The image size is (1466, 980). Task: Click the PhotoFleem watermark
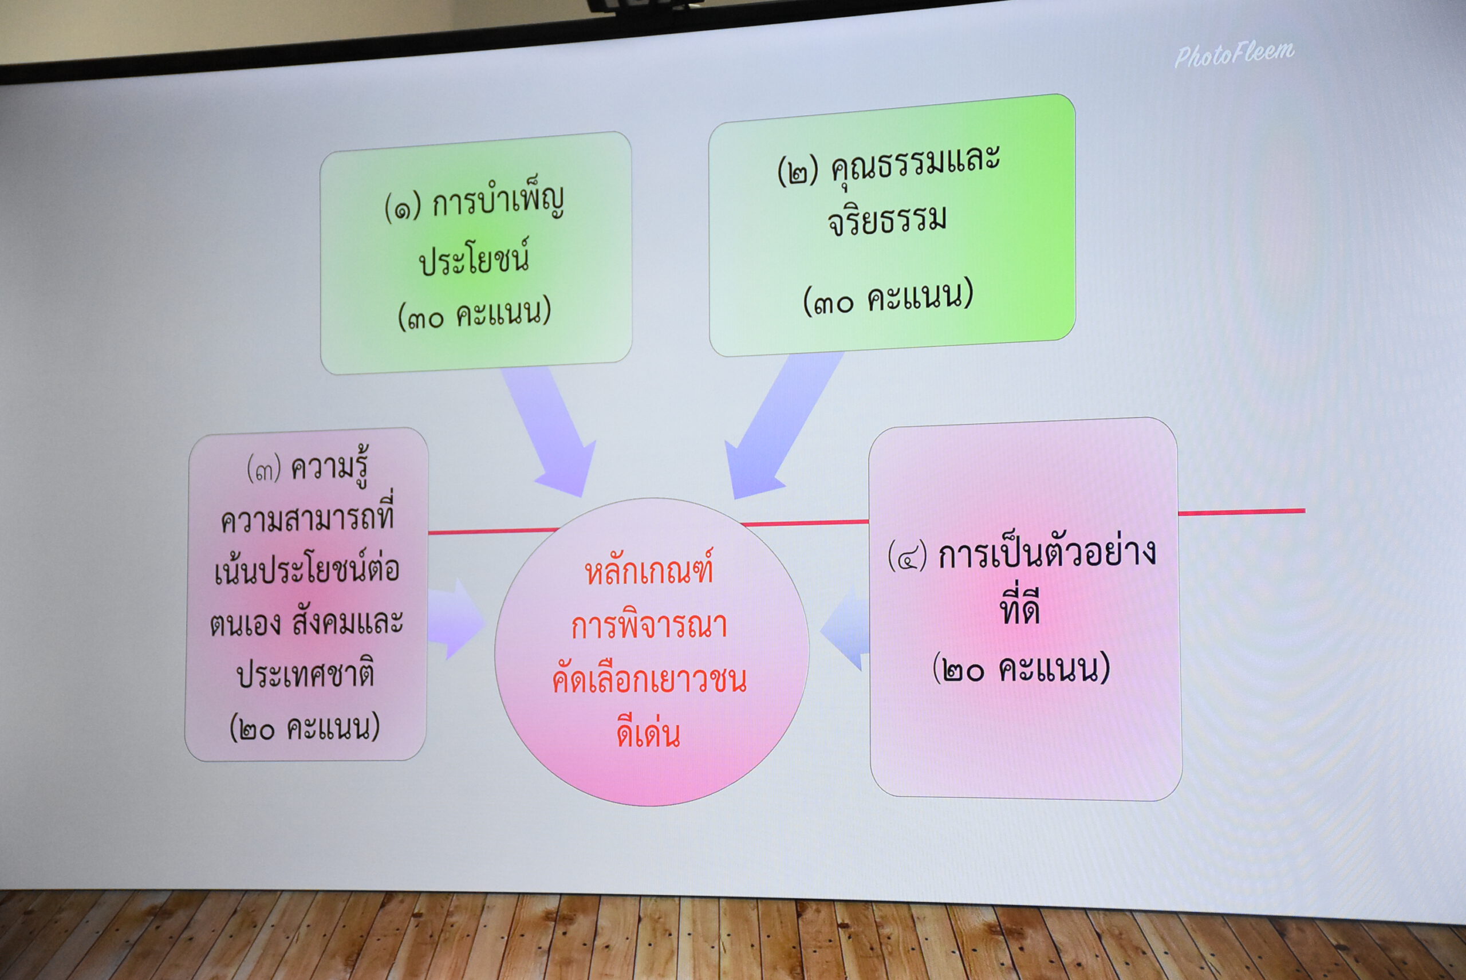click(x=1234, y=54)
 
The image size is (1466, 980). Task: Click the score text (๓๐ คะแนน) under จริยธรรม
click(x=888, y=296)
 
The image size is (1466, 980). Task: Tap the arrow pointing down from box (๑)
click(x=550, y=431)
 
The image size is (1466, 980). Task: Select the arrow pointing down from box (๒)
click(x=782, y=425)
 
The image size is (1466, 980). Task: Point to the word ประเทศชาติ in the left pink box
click(x=306, y=673)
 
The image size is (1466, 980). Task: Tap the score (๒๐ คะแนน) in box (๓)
click(x=305, y=727)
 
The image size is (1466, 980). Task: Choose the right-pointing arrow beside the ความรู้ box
click(x=456, y=619)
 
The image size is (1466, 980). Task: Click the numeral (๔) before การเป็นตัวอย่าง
click(x=907, y=555)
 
